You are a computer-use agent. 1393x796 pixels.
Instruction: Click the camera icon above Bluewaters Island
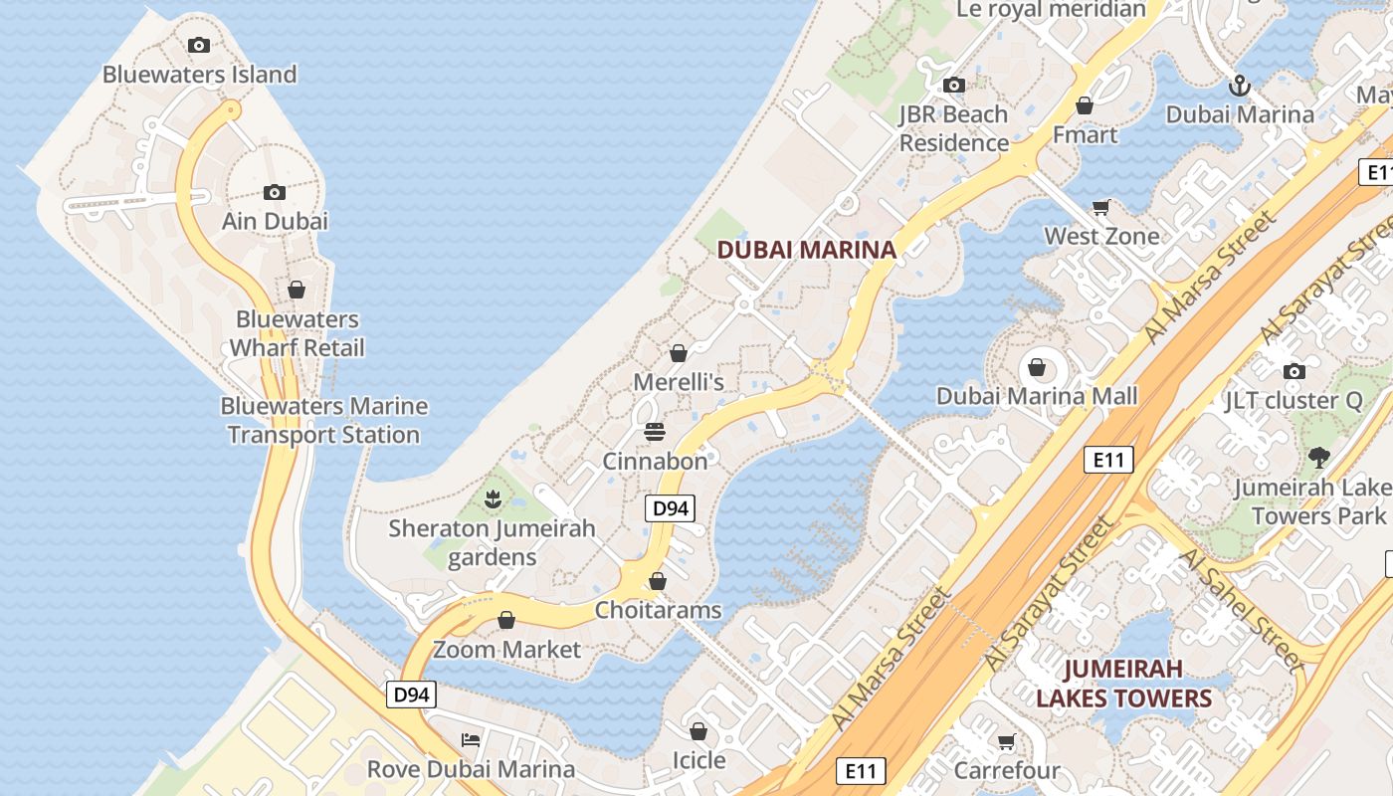[199, 45]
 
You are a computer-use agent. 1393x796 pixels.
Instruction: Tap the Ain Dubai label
[275, 221]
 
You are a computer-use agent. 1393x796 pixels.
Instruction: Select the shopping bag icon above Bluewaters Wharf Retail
[297, 290]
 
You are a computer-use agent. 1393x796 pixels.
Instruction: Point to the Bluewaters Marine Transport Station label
[323, 420]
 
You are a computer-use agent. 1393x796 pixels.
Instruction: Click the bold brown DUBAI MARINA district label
[807, 250]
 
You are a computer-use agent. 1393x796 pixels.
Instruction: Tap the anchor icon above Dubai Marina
[1239, 86]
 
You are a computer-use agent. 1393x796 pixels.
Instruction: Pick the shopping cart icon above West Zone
[1100, 207]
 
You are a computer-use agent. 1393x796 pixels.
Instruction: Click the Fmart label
[1085, 134]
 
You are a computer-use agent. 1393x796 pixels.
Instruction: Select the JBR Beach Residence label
[954, 128]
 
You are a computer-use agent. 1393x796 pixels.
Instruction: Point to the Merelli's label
[679, 381]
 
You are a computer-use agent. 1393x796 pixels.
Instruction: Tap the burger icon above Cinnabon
[655, 432]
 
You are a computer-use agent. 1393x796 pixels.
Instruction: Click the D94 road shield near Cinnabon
[670, 508]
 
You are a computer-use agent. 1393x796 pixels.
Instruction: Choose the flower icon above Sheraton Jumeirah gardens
[492, 497]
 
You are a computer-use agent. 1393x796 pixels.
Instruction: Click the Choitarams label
[658, 609]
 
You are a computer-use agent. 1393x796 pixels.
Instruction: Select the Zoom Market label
[506, 650]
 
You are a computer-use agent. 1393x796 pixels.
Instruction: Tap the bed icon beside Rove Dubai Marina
[471, 739]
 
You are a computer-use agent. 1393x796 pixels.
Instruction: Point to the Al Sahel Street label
[1241, 608]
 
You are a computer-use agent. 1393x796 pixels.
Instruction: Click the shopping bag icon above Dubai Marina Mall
[1037, 368]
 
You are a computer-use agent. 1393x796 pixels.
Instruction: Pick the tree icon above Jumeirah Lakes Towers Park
[1319, 458]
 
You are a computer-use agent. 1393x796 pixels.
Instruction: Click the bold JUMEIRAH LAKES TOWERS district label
[1124, 683]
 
